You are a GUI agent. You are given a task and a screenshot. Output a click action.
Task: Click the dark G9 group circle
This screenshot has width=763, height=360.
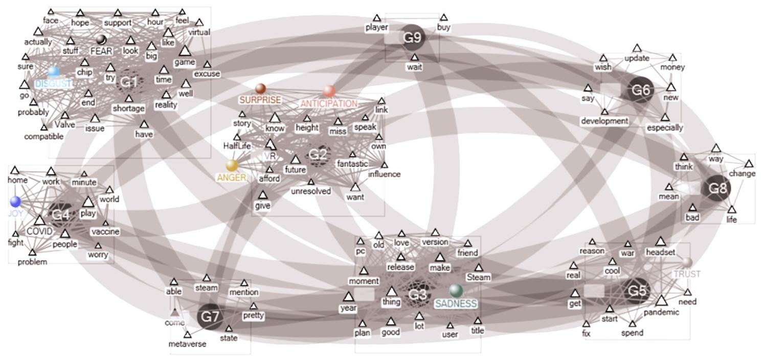[x=413, y=37]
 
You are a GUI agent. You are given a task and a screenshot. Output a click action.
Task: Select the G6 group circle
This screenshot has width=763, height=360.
[x=641, y=91]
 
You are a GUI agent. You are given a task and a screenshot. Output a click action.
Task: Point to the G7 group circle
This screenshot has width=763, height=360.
[x=210, y=317]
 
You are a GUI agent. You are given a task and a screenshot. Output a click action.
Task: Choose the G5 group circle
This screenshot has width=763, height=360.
[x=637, y=291]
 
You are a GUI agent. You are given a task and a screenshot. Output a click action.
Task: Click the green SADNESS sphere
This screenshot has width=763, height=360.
[x=456, y=290]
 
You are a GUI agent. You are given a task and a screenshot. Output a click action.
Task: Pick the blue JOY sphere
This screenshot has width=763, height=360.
[x=15, y=201]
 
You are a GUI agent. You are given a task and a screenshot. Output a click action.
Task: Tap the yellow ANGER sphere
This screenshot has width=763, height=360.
[x=232, y=165]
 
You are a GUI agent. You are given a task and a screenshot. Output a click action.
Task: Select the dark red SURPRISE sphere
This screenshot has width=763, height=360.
[x=260, y=88]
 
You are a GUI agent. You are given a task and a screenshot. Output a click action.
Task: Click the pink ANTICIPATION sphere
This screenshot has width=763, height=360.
[x=329, y=91]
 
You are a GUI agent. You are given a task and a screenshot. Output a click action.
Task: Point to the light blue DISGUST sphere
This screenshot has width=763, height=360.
[x=53, y=72]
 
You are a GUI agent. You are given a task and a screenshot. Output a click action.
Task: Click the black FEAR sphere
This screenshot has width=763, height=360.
[x=101, y=39]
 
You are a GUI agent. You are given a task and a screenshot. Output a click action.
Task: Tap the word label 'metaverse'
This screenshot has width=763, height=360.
[x=188, y=344]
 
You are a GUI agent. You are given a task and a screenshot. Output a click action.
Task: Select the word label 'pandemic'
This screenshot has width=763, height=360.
[x=661, y=312]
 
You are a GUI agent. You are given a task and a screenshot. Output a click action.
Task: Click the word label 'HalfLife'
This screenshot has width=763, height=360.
[x=238, y=146]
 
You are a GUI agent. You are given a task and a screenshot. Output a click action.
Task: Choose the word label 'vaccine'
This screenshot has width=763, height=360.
[x=105, y=232]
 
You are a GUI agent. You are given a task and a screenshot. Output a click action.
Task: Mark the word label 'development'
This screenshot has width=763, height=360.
[x=604, y=121]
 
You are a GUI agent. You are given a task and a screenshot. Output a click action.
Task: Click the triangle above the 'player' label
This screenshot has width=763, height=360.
[x=376, y=18]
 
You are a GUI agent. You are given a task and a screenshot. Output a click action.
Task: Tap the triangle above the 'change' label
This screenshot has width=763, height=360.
[x=749, y=164]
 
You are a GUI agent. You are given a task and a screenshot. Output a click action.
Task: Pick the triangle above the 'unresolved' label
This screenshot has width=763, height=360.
[x=311, y=182]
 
